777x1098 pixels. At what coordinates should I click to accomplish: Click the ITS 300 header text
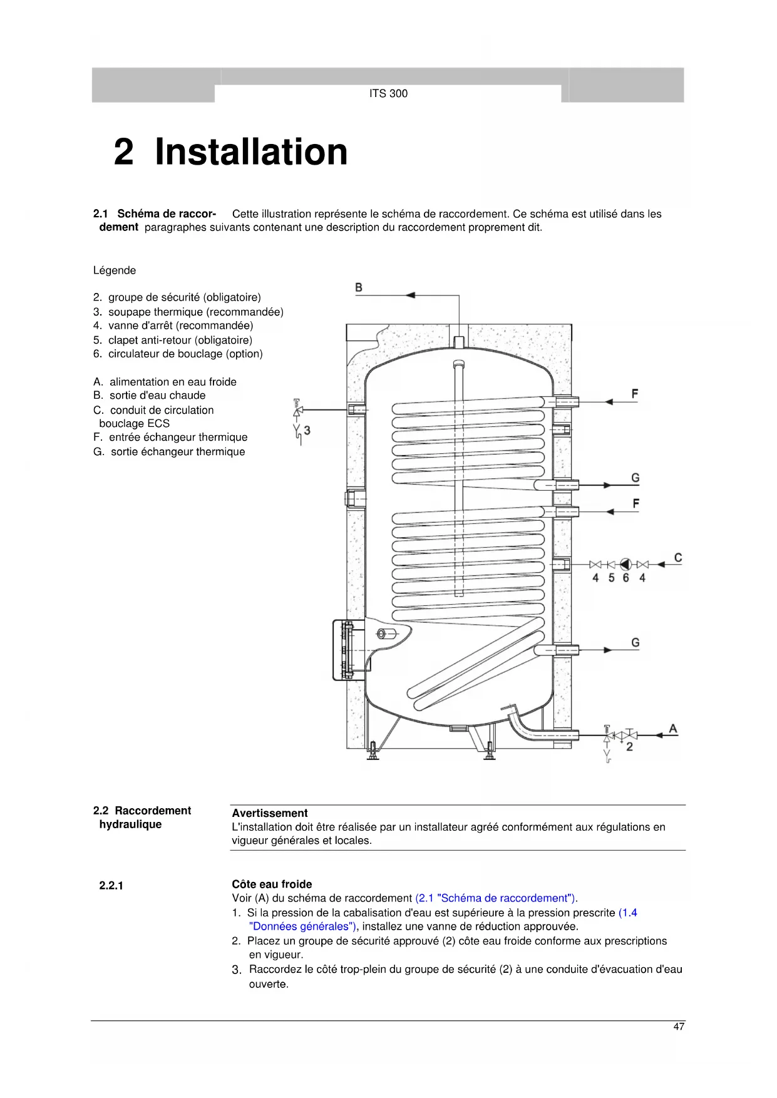click(x=388, y=94)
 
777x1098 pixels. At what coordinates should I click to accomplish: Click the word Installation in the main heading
click(x=251, y=152)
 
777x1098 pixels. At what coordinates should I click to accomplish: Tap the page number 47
click(x=679, y=1027)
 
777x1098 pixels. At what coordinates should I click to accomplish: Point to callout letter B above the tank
click(x=359, y=288)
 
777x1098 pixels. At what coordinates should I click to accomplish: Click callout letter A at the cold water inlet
click(x=673, y=729)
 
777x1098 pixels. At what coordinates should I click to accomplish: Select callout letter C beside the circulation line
click(x=678, y=558)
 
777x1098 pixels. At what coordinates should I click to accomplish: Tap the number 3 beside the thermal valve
click(x=307, y=431)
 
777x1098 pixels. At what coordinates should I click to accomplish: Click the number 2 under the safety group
click(x=629, y=747)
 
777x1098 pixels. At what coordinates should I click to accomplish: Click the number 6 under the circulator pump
click(x=625, y=578)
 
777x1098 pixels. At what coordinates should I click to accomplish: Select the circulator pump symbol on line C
click(x=625, y=564)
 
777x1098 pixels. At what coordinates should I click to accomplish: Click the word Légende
click(x=115, y=270)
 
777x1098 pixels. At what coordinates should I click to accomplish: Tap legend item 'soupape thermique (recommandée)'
click(x=195, y=312)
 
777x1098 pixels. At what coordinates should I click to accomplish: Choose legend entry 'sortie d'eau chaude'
click(x=157, y=396)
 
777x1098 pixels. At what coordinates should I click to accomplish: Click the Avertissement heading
click(x=270, y=813)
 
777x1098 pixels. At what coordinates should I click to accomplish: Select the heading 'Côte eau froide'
click(x=272, y=884)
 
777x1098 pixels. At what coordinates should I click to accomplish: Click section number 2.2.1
click(x=111, y=886)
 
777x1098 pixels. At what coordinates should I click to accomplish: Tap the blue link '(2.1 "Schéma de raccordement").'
click(x=496, y=898)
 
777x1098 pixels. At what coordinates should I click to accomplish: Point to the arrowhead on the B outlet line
click(x=410, y=295)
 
